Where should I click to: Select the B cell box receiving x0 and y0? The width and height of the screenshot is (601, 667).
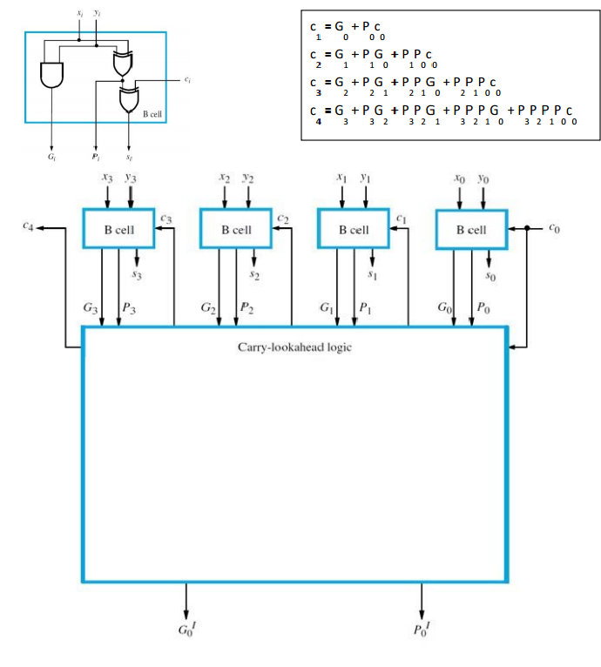tap(471, 230)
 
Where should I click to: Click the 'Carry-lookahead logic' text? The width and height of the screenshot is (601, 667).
tap(294, 347)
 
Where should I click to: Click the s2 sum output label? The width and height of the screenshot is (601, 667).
tap(254, 273)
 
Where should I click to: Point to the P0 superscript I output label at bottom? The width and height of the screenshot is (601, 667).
tap(423, 630)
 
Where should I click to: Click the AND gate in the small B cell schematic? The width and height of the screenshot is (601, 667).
tap(53, 75)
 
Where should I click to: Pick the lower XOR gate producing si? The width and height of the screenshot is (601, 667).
tap(130, 99)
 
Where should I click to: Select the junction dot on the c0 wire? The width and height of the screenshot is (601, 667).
tap(528, 230)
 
